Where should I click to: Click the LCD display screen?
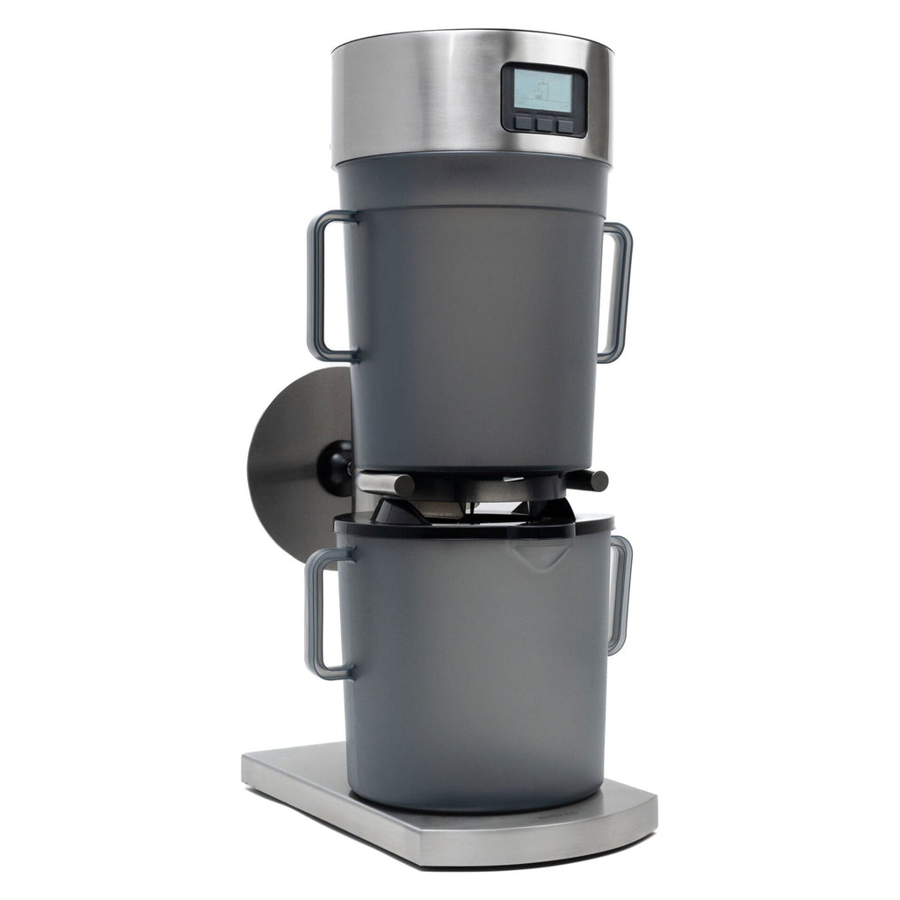(543, 90)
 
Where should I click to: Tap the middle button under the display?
(545, 125)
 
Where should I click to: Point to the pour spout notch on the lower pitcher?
(540, 552)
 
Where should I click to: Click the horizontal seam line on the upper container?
(475, 208)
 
